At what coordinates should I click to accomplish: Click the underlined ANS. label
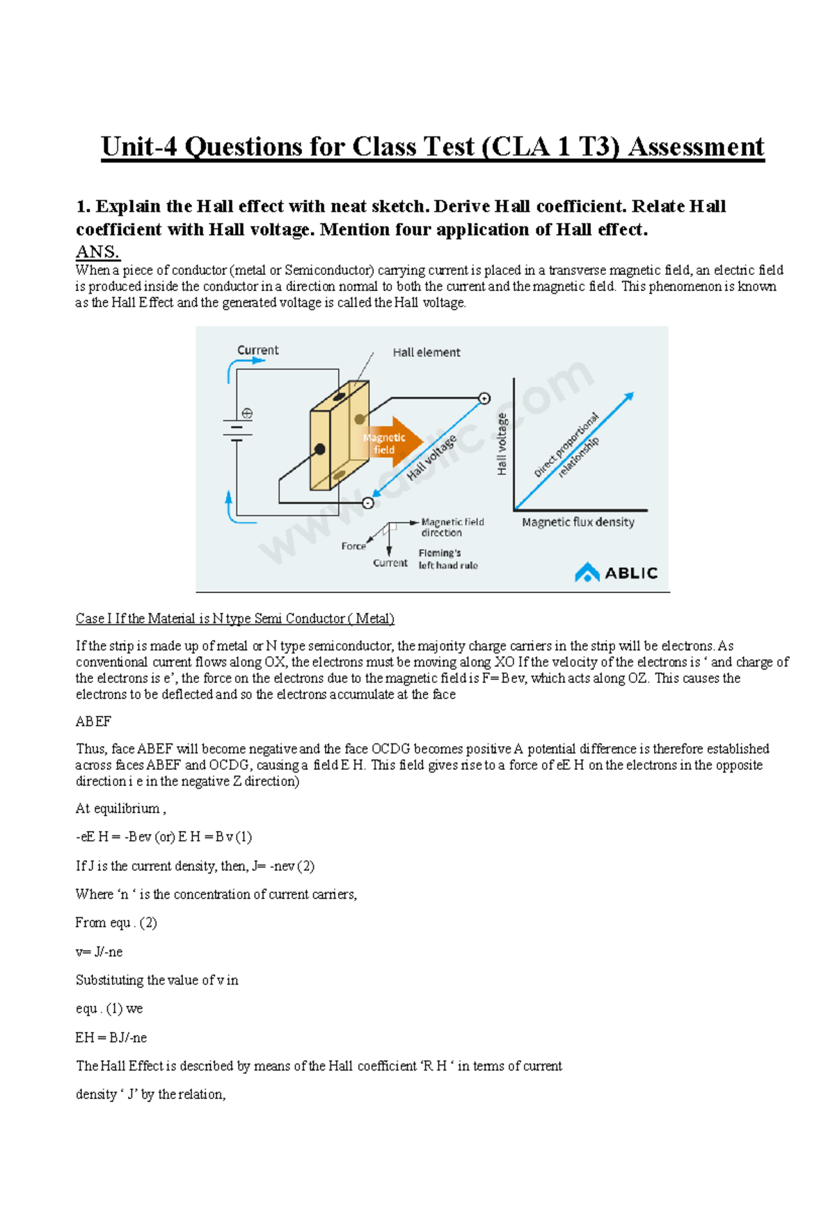coord(97,252)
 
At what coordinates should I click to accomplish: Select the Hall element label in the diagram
coord(426,353)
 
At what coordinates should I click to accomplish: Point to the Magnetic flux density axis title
coord(578,522)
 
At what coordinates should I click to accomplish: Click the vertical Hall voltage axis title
coord(502,444)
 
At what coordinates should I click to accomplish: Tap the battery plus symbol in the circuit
coord(246,413)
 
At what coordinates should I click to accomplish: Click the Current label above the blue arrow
coord(257,350)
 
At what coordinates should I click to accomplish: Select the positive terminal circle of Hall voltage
coord(484,399)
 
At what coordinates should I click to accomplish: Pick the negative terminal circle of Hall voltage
coord(368,503)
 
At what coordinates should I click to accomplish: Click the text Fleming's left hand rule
coord(447,559)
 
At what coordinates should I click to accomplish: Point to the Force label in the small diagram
coord(353,546)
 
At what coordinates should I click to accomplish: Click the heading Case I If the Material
coord(234,618)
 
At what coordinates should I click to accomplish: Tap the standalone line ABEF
coord(93,722)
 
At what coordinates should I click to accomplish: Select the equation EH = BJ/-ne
coord(111,1038)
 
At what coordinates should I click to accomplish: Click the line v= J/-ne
coord(99,952)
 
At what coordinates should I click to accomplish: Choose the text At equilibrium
coord(120,809)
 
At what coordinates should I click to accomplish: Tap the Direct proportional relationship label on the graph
coord(567,446)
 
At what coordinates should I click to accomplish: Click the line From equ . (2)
coord(116,923)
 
